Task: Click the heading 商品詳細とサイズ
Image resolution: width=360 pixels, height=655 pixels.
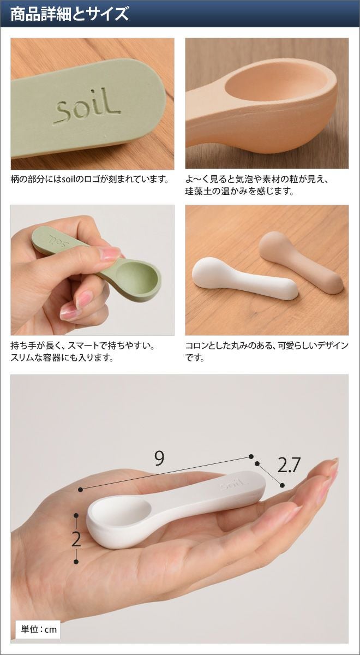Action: pyautogui.click(x=70, y=14)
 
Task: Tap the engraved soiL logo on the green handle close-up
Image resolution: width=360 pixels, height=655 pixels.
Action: pyautogui.click(x=87, y=110)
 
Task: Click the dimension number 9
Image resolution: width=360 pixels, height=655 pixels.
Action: pyautogui.click(x=159, y=458)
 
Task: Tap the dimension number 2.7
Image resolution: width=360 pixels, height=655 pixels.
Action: pyautogui.click(x=289, y=465)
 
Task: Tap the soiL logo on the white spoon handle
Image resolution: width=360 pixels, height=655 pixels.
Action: pyautogui.click(x=232, y=485)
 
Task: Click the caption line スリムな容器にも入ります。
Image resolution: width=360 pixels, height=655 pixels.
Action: pyautogui.click(x=62, y=358)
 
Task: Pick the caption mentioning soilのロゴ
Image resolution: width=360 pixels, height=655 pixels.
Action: pyautogui.click(x=90, y=179)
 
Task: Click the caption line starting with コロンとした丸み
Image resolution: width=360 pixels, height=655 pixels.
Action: pyautogui.click(x=267, y=346)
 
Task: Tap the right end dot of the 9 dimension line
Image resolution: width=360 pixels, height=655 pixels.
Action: pyautogui.click(x=251, y=456)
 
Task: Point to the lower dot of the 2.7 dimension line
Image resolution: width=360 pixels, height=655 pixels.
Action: pyautogui.click(x=282, y=485)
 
